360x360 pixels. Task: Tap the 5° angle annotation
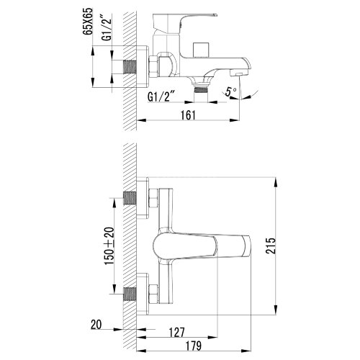click(230, 91)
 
